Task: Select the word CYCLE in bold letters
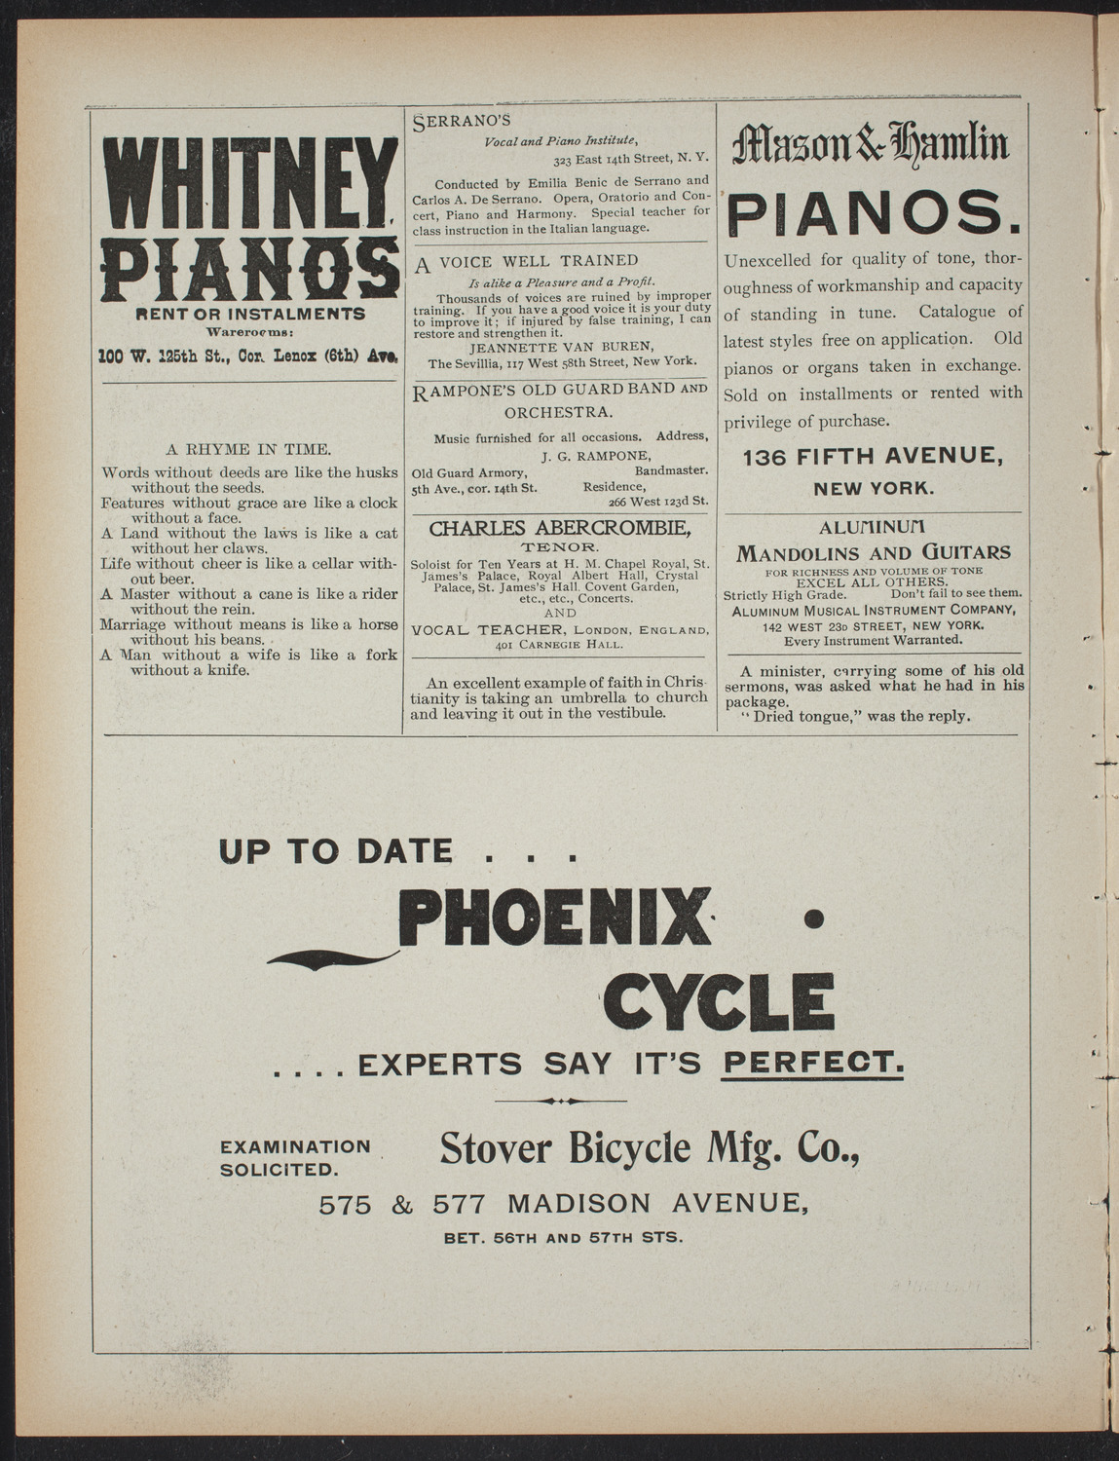719,996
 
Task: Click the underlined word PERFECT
813,1064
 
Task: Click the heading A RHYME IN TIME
249,449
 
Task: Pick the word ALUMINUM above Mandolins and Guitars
873,528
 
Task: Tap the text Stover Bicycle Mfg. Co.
650,1149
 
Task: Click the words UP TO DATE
336,852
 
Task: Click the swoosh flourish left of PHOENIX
331,958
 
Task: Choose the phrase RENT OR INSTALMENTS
250,314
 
